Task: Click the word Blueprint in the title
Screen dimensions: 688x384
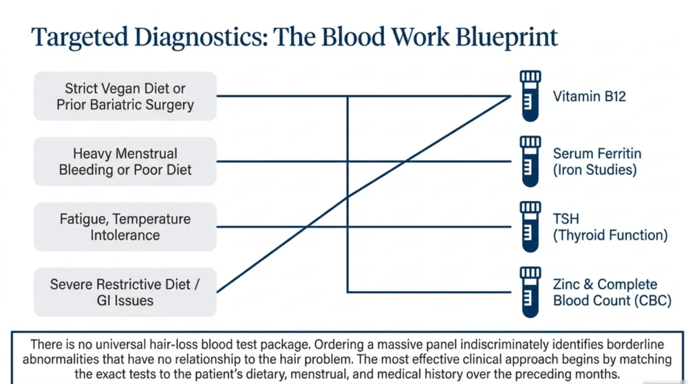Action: (506, 37)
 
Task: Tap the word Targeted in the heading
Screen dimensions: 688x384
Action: (79, 37)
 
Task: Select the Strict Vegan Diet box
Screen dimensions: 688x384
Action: (125, 96)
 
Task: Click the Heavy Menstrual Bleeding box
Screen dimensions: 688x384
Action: (125, 162)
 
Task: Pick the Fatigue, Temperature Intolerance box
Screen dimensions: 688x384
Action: (125, 227)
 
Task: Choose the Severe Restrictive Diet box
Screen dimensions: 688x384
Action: (125, 292)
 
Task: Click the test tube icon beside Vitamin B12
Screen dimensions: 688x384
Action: (530, 96)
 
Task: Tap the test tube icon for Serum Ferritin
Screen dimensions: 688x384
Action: (530, 162)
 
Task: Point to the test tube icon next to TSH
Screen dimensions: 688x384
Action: (530, 227)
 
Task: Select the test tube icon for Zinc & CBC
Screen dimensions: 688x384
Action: (530, 292)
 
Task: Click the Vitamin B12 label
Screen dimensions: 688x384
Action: (590, 96)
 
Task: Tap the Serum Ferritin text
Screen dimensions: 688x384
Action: (597, 153)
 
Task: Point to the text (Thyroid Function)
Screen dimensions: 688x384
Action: (610, 235)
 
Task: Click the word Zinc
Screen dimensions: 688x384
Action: (566, 284)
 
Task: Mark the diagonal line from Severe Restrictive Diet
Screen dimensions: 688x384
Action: (364, 194)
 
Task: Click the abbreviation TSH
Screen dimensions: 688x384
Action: (566, 219)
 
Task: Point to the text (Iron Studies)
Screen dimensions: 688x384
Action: (594, 170)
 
